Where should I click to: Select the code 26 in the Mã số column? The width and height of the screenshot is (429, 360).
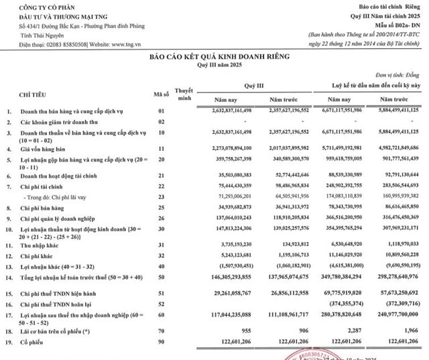click(x=160, y=219)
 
